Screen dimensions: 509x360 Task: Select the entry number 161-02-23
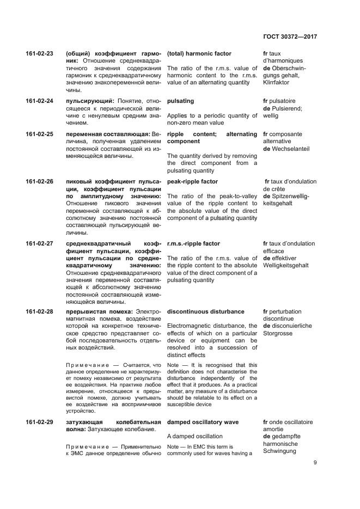pos(40,54)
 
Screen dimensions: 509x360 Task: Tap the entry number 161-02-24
pos(40,101)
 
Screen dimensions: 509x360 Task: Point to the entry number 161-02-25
pos(40,134)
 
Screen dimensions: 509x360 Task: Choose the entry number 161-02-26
pos(40,181)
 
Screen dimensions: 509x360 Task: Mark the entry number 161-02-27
pos(40,243)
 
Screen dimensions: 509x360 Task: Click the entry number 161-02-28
pos(40,311)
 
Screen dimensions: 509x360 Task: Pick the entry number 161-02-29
pos(40,422)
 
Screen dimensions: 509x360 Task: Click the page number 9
pos(315,463)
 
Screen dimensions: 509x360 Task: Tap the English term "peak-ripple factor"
pos(192,181)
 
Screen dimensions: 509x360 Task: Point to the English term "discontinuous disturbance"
pos(205,311)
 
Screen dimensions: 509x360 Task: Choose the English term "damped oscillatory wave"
pos(204,422)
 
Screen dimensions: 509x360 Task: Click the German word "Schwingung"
pos(281,451)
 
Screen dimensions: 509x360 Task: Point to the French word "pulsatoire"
pos(286,101)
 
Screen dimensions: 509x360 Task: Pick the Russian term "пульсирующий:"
pos(89,101)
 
